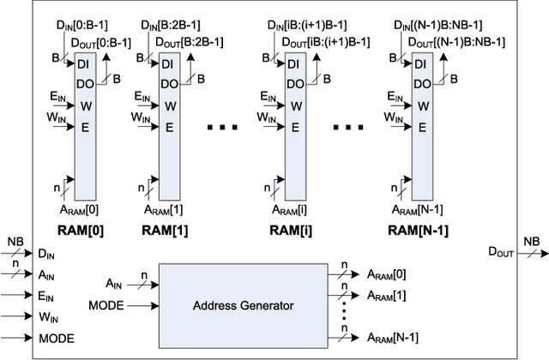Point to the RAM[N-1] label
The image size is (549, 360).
419,230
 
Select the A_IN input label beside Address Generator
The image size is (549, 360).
117,282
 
